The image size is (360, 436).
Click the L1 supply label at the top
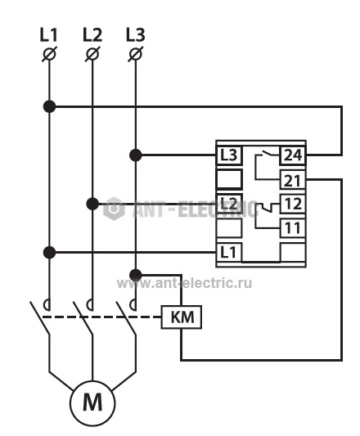[x=49, y=35]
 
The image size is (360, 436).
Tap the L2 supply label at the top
[x=92, y=35]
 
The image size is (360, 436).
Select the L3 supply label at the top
[x=136, y=35]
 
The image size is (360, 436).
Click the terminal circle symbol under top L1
[x=50, y=54]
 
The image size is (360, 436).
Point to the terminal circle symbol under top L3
[x=136, y=54]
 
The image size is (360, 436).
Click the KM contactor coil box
[x=182, y=317]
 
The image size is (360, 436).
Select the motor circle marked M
[x=92, y=403]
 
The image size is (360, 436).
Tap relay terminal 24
[x=293, y=155]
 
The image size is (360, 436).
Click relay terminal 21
[x=293, y=180]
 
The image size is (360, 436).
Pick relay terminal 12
[x=293, y=204]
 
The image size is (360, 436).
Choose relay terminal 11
[x=293, y=228]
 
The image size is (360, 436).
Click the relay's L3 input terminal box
[x=229, y=155]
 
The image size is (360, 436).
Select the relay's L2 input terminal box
[x=229, y=204]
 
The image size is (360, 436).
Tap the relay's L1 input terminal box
[x=229, y=252]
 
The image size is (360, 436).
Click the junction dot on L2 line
[x=92, y=204]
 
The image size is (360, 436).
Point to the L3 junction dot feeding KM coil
[x=136, y=275]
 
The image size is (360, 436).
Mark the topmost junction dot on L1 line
[x=50, y=106]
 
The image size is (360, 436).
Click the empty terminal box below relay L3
[x=229, y=179]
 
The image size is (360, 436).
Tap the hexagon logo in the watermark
[x=114, y=209]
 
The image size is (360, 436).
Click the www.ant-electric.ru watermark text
[x=184, y=283]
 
